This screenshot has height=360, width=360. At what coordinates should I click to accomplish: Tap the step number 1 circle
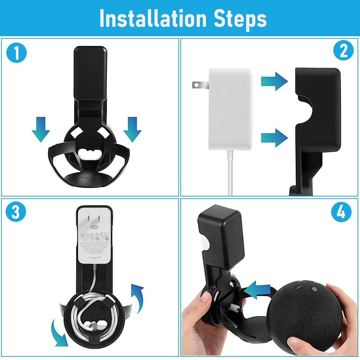pyautogui.click(x=16, y=53)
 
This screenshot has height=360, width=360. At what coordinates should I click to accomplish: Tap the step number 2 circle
pyautogui.click(x=343, y=51)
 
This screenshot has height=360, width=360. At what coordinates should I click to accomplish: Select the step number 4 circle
pyautogui.click(x=341, y=212)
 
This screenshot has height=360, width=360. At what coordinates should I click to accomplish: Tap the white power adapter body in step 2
pyautogui.click(x=230, y=109)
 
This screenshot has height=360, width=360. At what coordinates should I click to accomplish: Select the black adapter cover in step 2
pyautogui.click(x=316, y=116)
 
